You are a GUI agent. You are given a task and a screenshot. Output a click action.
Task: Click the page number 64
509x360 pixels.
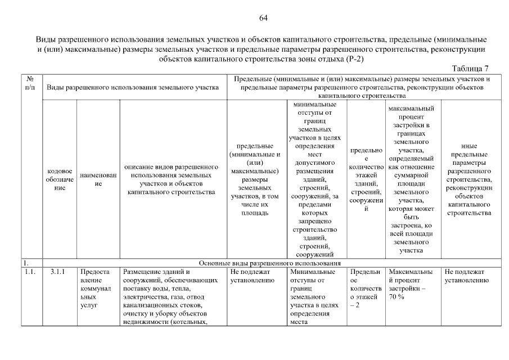point(263,18)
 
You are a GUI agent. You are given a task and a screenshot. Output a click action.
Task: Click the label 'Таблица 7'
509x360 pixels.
point(470,69)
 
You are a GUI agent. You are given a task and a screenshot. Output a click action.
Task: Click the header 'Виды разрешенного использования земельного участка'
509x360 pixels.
point(133,88)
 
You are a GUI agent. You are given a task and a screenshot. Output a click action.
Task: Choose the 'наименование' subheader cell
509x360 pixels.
point(98,179)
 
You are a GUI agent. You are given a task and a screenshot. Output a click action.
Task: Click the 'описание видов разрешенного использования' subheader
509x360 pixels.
point(171,179)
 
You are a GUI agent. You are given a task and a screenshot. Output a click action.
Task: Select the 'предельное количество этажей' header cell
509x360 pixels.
point(366,179)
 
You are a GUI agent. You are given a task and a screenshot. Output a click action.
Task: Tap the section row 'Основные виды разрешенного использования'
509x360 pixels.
point(271,263)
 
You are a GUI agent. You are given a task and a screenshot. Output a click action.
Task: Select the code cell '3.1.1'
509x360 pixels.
point(58,272)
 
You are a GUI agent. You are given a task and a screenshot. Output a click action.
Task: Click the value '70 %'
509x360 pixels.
point(397,296)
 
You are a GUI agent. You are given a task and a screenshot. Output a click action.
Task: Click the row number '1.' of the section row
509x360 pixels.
point(26,263)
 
